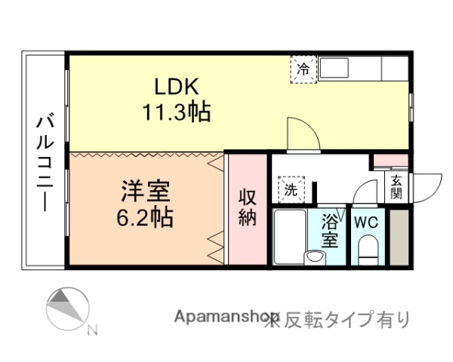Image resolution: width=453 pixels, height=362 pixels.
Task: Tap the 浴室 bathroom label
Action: point(330,231)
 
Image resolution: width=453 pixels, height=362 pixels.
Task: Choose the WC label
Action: point(366,223)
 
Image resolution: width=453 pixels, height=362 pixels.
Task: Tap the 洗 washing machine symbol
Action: point(291,189)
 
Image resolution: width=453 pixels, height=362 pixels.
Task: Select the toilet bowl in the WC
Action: point(368,250)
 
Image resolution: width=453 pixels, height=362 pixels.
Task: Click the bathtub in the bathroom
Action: point(289,235)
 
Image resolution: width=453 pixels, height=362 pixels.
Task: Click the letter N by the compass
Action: point(92,329)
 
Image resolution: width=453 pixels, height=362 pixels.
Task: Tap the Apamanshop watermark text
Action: point(226,319)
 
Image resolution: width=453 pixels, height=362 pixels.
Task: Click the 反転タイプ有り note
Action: point(344,320)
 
